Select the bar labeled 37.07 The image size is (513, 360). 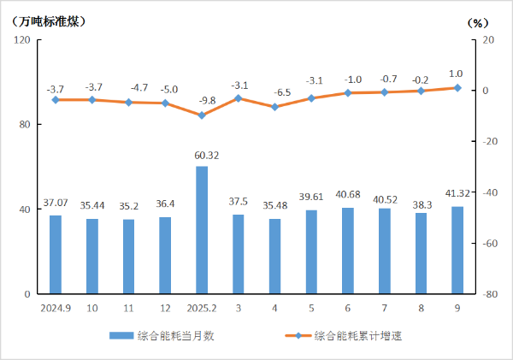55,254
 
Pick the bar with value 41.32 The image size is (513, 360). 457,250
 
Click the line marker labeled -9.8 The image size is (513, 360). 202,115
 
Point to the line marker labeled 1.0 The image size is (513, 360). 457,88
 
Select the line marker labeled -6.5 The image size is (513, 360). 274,107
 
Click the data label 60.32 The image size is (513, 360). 202,156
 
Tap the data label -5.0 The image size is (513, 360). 165,89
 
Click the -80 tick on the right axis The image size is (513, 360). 490,294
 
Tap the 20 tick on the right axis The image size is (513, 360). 488,40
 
